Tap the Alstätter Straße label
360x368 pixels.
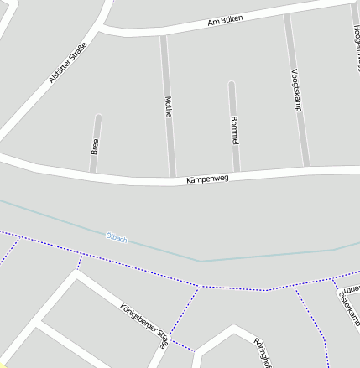tap(67, 70)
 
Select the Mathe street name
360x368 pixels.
tap(168, 106)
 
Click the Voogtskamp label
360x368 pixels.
tap(295, 90)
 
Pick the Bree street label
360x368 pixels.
tap(94, 148)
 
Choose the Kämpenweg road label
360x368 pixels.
tap(207, 179)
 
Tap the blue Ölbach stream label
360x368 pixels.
tap(117, 239)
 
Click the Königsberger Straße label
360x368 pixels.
tap(144, 324)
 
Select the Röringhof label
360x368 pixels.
tap(263, 352)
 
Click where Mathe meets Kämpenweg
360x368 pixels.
tap(173, 179)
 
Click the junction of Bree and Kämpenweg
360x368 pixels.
tap(93, 174)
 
